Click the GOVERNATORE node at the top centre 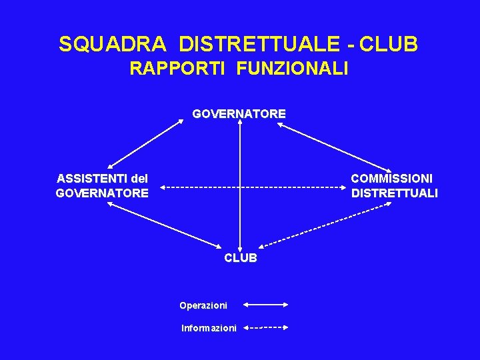(x=239, y=114)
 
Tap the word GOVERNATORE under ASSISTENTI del (x=102, y=193)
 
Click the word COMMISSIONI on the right (x=391, y=179)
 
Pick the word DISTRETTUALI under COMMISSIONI (x=394, y=193)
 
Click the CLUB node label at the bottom (x=240, y=258)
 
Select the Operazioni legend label (x=203, y=305)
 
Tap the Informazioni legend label (x=209, y=328)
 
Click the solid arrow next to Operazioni (x=265, y=305)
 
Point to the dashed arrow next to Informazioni (x=265, y=327)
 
